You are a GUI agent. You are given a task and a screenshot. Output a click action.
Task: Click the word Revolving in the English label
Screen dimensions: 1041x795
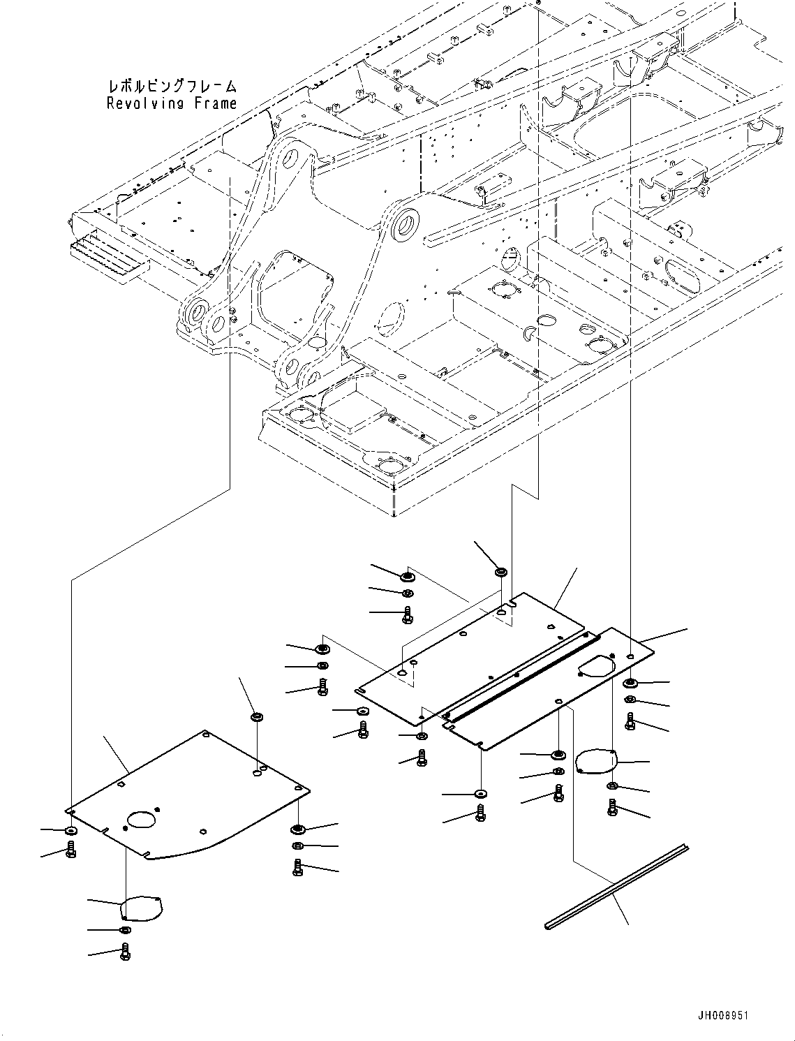click(x=144, y=104)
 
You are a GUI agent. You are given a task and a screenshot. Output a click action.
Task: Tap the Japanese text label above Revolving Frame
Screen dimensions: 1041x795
click(x=172, y=87)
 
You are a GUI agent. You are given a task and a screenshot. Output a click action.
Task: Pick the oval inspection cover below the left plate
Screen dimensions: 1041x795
click(x=141, y=908)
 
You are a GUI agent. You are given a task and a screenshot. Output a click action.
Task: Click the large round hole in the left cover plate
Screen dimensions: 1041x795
click(x=142, y=820)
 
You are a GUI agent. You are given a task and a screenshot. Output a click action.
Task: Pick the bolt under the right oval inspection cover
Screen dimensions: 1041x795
click(x=613, y=808)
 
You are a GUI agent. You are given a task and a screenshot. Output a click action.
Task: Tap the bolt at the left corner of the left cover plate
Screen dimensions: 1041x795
click(x=70, y=850)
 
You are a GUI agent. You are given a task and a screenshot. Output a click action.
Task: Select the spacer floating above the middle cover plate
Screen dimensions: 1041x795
click(x=500, y=573)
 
